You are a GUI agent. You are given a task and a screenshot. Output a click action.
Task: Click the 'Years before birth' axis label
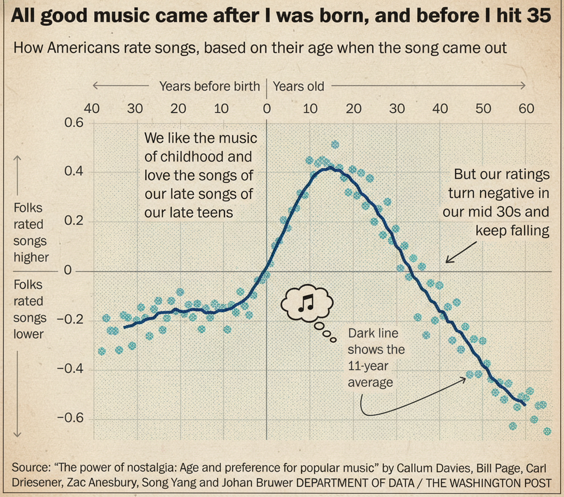pyautogui.click(x=209, y=86)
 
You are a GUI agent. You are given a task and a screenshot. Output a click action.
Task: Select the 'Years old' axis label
pyautogui.click(x=299, y=86)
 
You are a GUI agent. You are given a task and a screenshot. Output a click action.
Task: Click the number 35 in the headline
pyautogui.click(x=538, y=16)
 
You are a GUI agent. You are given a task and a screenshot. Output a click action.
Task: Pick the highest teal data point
pyautogui.click(x=335, y=144)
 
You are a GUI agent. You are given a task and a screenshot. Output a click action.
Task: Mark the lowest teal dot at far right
pyautogui.click(x=547, y=431)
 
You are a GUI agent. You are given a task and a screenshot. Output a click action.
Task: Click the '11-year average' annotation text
pyautogui.click(x=370, y=374)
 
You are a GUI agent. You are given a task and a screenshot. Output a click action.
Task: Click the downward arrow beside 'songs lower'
pyautogui.click(x=17, y=393)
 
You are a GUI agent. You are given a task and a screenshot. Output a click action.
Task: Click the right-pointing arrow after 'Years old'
pyautogui.click(x=430, y=85)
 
